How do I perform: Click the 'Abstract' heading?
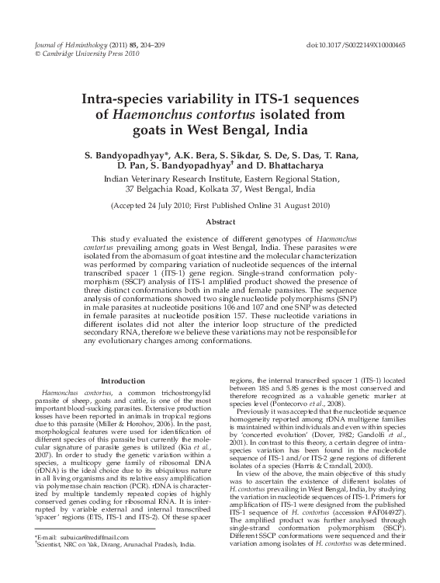point(220,222)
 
